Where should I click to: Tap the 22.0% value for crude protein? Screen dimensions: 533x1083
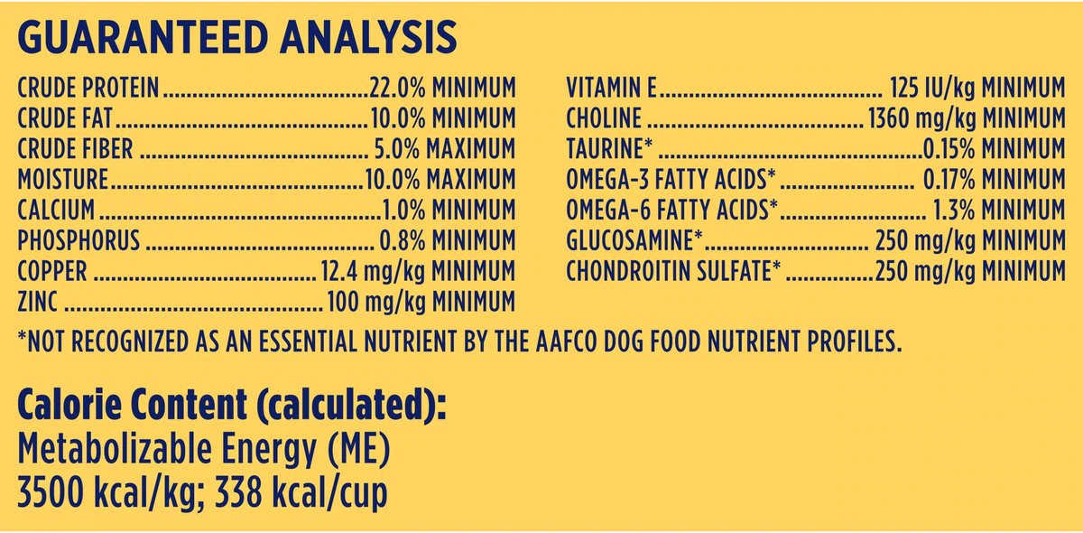click(398, 88)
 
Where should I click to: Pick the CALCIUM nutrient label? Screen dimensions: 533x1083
click(56, 210)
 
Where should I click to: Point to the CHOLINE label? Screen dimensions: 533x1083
click(604, 119)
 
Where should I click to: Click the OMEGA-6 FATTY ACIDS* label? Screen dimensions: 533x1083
click(672, 210)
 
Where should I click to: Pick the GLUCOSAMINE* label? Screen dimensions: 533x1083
click(634, 241)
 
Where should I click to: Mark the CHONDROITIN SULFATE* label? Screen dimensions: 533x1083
click(673, 271)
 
